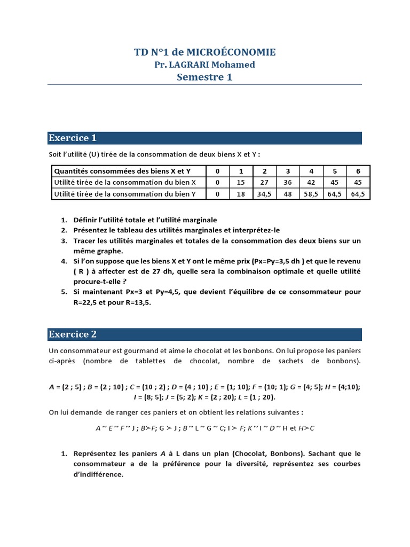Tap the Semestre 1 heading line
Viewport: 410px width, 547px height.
click(204, 77)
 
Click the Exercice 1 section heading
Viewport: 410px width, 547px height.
click(73, 138)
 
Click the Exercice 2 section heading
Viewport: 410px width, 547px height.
click(73, 334)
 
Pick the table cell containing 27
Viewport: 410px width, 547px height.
click(264, 183)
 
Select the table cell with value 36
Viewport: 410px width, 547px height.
click(287, 183)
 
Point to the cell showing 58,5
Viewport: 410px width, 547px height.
click(311, 194)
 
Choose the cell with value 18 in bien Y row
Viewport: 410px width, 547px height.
click(241, 194)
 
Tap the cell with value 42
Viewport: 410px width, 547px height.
click(311, 183)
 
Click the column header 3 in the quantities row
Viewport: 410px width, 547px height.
click(287, 171)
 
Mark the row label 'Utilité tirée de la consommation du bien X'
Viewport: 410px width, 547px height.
click(121, 183)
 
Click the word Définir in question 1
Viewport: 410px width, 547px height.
click(86, 220)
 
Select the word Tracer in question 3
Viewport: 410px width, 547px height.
click(85, 240)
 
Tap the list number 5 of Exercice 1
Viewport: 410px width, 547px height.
click(64, 292)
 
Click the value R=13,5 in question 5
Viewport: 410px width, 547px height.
click(137, 302)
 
